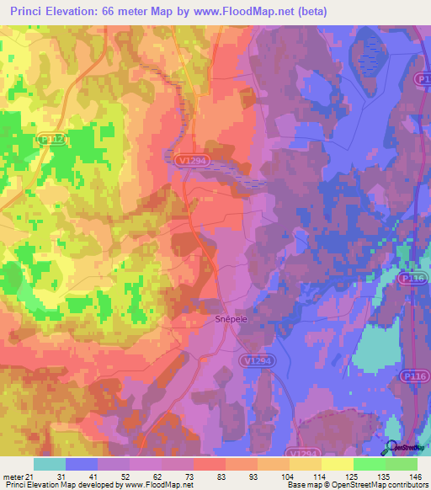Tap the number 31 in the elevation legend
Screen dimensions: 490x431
click(61, 476)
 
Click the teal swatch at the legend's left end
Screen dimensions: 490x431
click(50, 464)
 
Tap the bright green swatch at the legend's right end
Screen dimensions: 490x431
click(402, 464)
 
